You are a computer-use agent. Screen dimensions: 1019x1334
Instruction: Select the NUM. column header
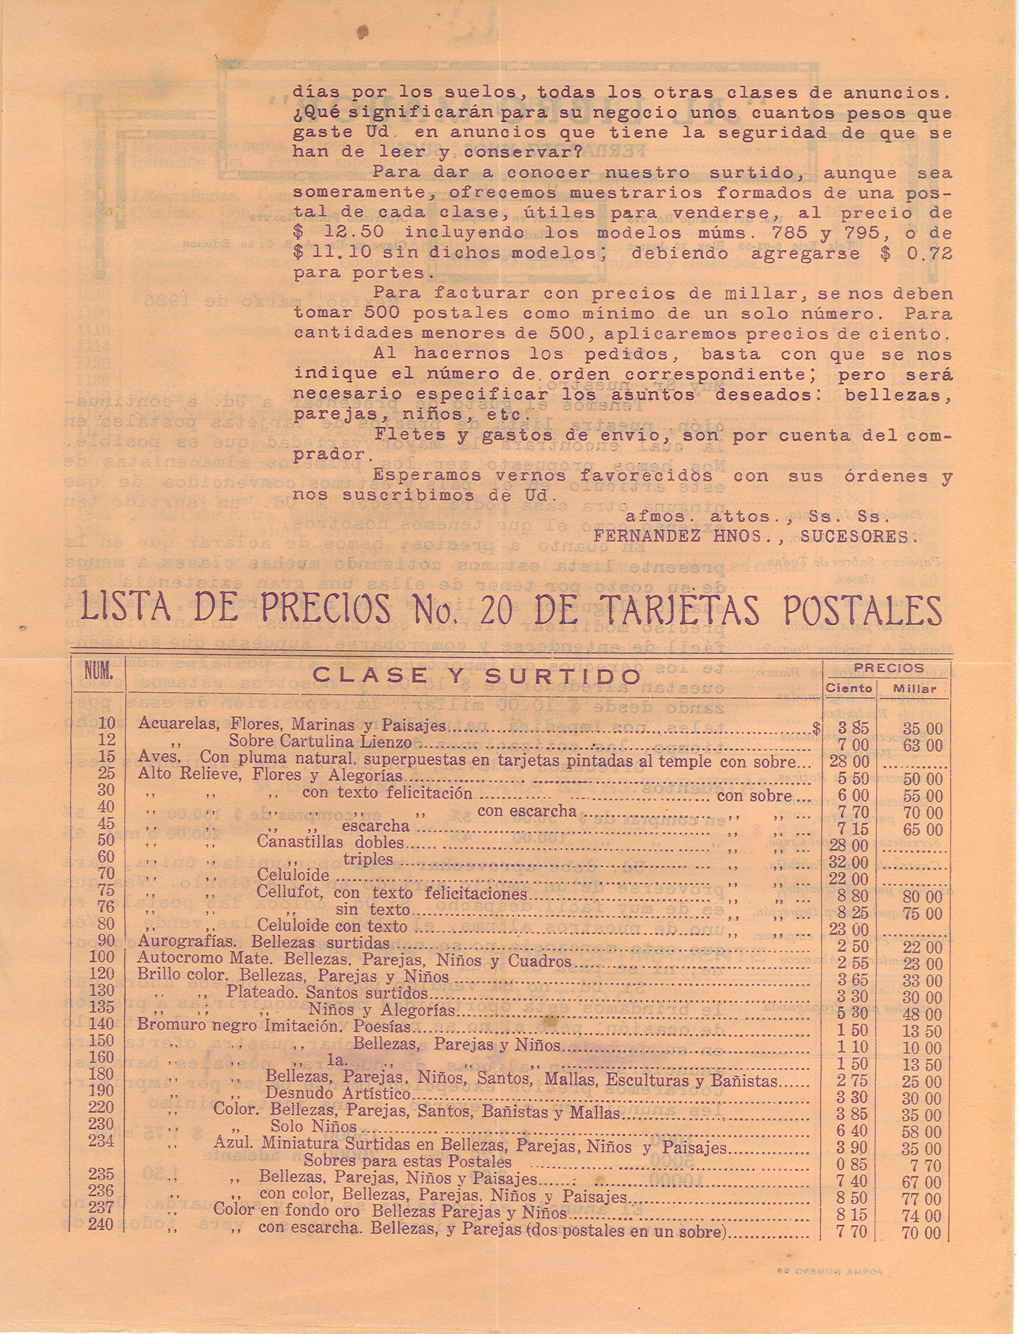pos(98,673)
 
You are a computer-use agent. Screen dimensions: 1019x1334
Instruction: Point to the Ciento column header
pos(849,688)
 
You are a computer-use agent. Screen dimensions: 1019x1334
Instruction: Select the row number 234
pos(101,1141)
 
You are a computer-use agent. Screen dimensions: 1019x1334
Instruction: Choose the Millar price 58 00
pos(921,1130)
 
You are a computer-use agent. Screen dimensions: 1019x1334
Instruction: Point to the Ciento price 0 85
pos(852,1165)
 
